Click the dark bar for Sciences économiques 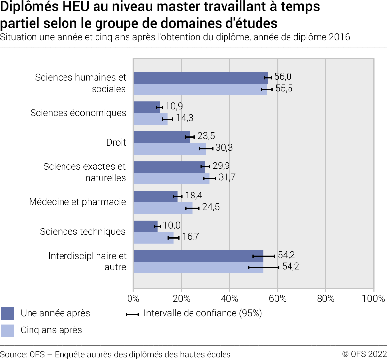coord(146,107)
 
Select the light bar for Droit coord(169,148)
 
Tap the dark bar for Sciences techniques coord(145,226)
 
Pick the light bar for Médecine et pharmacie coord(162,208)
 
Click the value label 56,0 coord(283,77)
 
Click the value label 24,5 coord(210,207)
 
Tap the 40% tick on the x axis coord(229,298)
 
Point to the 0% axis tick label coord(133,298)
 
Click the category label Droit coord(116,143)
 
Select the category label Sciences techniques coord(83,231)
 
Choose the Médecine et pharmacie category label coord(77,202)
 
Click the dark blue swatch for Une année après coord(8,313)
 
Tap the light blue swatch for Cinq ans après coord(8,330)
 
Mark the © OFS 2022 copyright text coord(364,354)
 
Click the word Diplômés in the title coord(28,8)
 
